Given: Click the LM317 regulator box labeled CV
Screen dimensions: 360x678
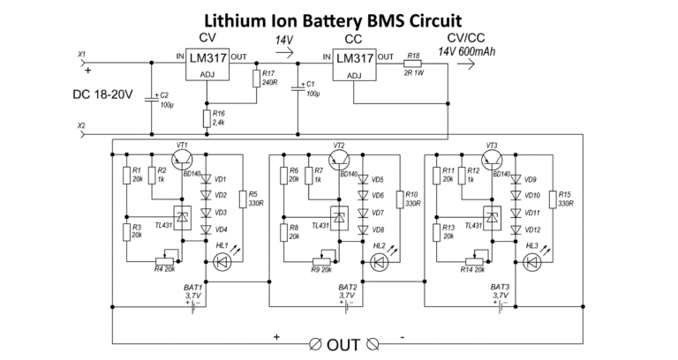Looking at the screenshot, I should pos(208,64).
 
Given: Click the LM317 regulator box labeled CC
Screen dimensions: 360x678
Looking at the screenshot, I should pos(355,64).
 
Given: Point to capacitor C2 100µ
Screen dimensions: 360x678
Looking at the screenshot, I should pos(154,96).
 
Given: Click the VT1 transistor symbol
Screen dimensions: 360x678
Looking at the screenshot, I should pos(184,158).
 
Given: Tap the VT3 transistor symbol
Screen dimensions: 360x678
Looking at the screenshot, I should pos(492,158).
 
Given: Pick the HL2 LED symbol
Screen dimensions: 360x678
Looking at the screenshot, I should pos(380,261).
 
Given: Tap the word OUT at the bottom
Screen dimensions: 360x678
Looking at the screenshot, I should pos(343,343).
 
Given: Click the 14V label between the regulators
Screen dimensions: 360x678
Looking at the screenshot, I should pos(284,41).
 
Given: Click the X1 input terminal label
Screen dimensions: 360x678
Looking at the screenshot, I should pos(82,54).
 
